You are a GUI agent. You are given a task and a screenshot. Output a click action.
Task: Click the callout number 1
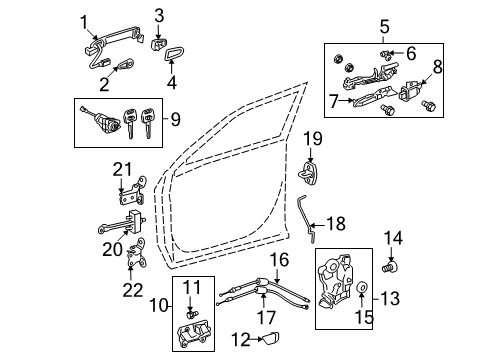85,21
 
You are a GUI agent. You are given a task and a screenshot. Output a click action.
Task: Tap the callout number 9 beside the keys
176,121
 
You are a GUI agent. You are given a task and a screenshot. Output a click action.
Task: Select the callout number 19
312,138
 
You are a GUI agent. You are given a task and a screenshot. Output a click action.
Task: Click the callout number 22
128,293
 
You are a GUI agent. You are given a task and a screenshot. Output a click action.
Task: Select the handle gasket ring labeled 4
171,56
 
